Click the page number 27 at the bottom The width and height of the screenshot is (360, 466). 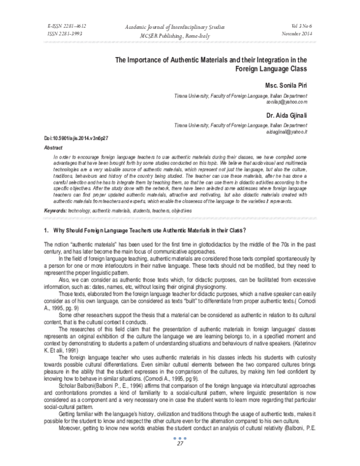point(179,459)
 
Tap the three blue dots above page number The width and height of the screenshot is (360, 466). point(179,453)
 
